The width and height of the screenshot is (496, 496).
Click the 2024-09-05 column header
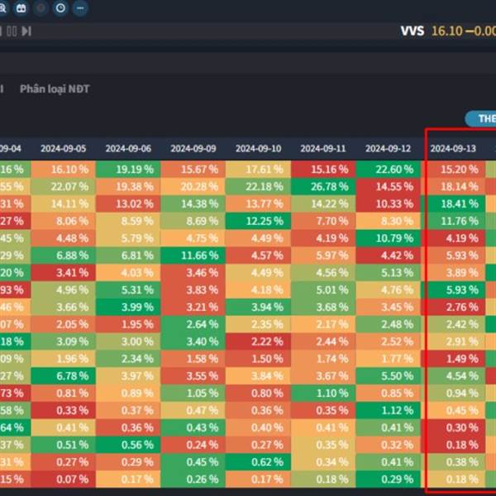pos(63,149)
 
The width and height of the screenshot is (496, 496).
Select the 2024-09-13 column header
pos(453,149)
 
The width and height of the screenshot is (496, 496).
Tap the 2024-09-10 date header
pos(258,149)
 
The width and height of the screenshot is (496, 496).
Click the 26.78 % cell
pos(323,186)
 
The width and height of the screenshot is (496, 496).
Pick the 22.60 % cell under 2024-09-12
pos(388,169)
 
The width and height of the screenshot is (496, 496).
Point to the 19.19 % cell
pos(128,169)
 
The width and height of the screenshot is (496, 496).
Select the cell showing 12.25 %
pos(258,221)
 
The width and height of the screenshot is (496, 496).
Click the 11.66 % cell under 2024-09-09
pos(193,255)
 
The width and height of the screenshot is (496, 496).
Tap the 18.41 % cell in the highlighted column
pos(453,203)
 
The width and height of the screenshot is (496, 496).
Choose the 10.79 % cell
pos(388,238)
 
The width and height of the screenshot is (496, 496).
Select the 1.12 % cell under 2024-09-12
pos(388,410)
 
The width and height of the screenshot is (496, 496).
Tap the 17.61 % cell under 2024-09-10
pos(258,169)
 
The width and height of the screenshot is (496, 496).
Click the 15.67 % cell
pos(193,169)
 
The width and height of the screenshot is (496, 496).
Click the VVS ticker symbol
pos(412,31)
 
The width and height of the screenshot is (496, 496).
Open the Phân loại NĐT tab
pos(55,89)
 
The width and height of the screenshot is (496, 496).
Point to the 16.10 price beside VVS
pos(446,31)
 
